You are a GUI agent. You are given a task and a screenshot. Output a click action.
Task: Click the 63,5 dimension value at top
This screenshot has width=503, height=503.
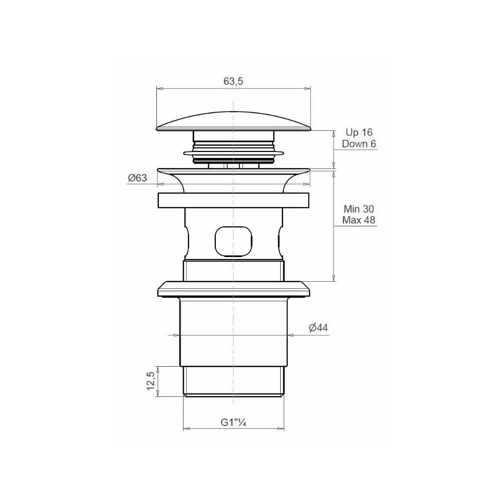coord(233,81)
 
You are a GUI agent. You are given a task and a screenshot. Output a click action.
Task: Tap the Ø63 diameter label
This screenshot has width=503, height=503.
coord(137,178)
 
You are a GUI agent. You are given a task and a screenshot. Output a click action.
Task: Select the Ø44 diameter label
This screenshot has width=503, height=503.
coord(318,328)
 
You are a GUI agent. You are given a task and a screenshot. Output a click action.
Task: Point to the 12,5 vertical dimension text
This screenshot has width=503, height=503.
coord(151,380)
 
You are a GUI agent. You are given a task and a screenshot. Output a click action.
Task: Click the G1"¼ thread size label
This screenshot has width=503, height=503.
coord(233,422)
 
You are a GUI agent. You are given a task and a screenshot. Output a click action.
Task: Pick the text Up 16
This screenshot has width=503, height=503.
coord(359,132)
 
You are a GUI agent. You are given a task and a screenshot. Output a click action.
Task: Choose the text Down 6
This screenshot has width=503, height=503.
coord(359,144)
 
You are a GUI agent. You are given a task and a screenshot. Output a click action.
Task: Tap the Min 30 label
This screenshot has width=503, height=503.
coord(359,209)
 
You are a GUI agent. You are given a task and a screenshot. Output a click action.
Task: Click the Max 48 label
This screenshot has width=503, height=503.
coord(359,220)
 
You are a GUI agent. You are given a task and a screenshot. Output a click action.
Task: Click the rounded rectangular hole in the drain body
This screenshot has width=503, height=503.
coord(233,242)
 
